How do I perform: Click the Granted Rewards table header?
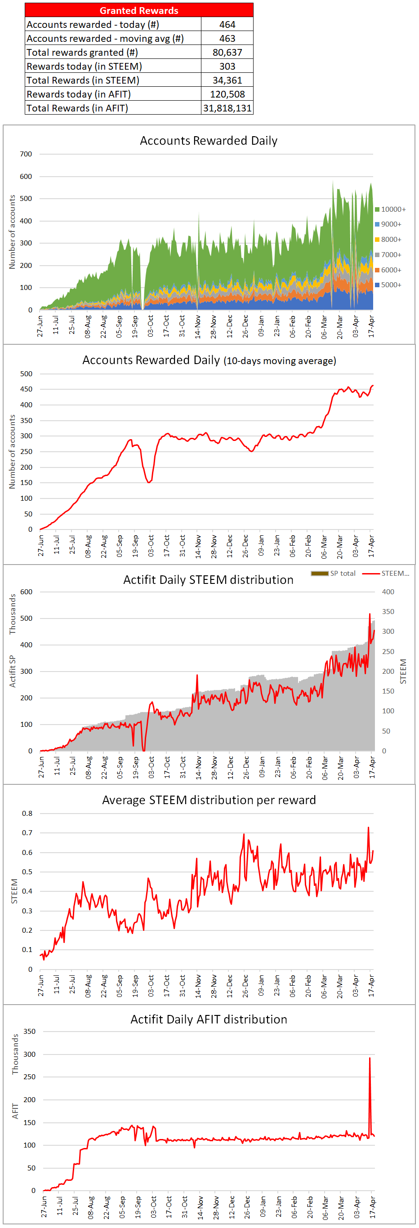pyautogui.click(x=139, y=10)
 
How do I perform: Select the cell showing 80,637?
pyautogui.click(x=227, y=53)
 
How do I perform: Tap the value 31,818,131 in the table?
pyautogui.click(x=227, y=108)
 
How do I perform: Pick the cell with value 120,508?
pyautogui.click(x=227, y=94)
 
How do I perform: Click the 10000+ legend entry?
pyautogui.click(x=390, y=209)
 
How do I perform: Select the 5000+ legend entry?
pyautogui.click(x=388, y=285)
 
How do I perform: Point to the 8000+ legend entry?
pyautogui.click(x=388, y=239)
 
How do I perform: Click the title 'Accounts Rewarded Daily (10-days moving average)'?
pyautogui.click(x=209, y=360)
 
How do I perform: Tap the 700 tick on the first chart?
pyautogui.click(x=26, y=154)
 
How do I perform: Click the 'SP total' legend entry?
pyautogui.click(x=334, y=574)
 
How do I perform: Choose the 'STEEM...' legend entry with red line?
pyautogui.click(x=386, y=574)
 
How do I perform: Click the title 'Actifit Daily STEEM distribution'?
pyautogui.click(x=208, y=580)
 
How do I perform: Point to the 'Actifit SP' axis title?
pyautogui.click(x=13, y=671)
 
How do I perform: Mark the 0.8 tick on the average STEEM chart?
pyautogui.click(x=27, y=813)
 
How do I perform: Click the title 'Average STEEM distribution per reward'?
pyautogui.click(x=209, y=801)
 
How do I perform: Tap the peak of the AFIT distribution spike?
pyautogui.click(x=370, y=1058)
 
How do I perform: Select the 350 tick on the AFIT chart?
pyautogui.click(x=30, y=1032)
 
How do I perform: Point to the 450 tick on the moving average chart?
pyautogui.click(x=26, y=389)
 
